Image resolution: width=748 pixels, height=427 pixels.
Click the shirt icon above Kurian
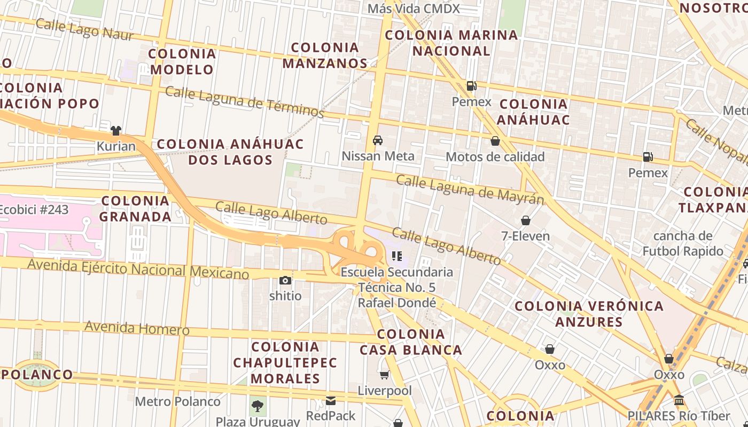[x=116, y=130]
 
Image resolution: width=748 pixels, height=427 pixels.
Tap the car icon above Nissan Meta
[x=378, y=140]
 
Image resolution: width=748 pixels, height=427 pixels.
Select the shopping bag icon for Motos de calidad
[x=495, y=141]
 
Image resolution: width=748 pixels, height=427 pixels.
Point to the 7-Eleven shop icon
[x=526, y=220]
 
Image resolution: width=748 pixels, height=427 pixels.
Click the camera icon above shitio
[x=285, y=280]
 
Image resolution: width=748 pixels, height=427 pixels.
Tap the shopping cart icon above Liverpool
[x=384, y=375]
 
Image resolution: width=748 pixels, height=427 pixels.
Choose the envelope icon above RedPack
[x=331, y=400]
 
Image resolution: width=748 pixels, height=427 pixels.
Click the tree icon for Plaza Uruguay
[x=258, y=406]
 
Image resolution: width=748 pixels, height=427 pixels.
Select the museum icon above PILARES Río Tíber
[x=679, y=400]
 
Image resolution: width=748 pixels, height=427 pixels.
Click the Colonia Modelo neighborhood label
[x=182, y=61]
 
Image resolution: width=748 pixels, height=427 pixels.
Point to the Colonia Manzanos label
[x=325, y=56]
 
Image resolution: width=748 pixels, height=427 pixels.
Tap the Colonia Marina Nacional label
[x=451, y=43]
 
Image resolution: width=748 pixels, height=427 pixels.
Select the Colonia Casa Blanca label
[x=411, y=342]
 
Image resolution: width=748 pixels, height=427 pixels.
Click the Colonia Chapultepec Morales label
[x=285, y=362]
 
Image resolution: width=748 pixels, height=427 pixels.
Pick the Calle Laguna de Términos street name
[x=244, y=102]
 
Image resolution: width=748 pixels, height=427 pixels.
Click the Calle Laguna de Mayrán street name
[x=470, y=189]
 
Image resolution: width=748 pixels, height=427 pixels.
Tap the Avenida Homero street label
[x=137, y=328]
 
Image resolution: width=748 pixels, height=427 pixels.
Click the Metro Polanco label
[x=177, y=401]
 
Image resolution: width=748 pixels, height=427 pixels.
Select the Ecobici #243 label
[x=34, y=210]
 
